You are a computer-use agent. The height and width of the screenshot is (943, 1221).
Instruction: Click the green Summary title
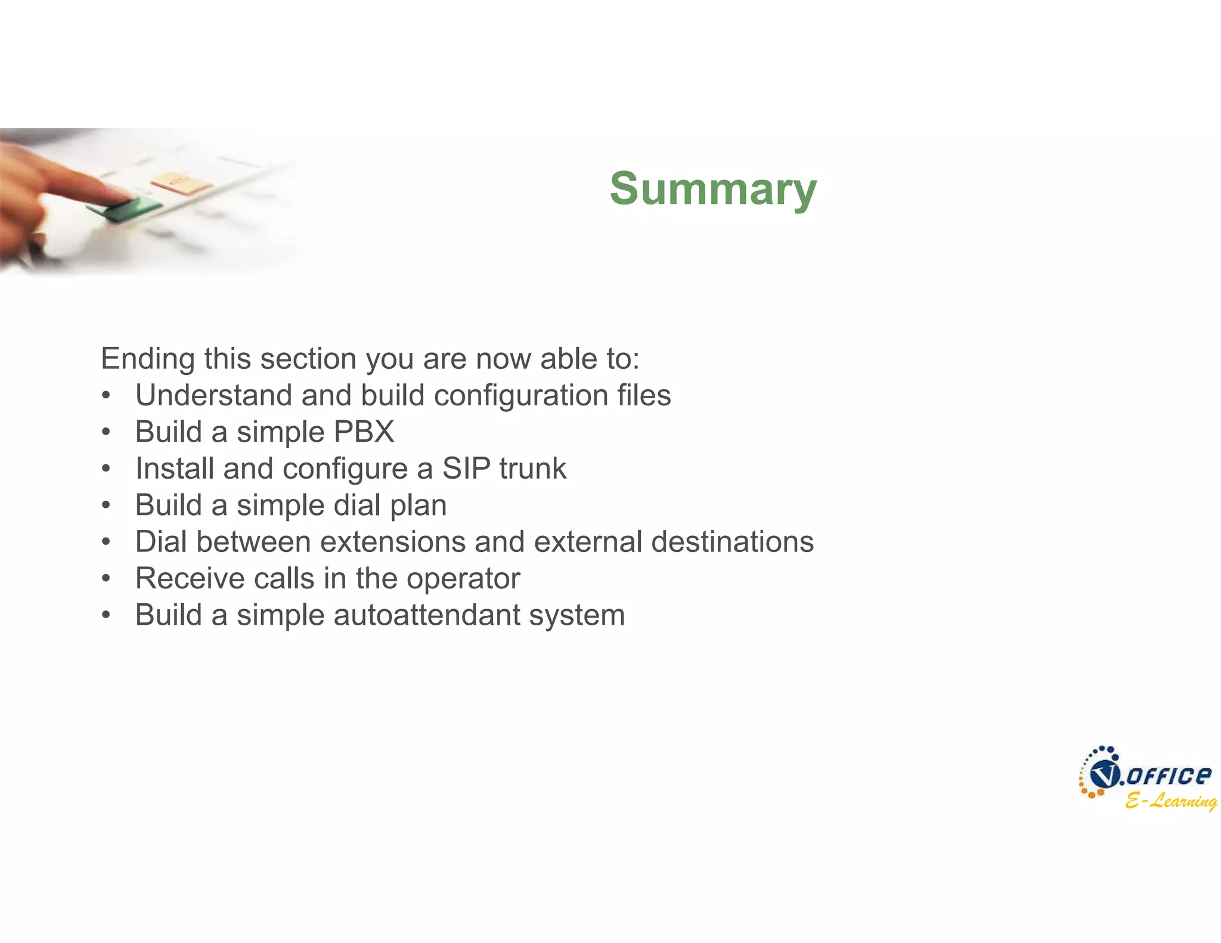(713, 189)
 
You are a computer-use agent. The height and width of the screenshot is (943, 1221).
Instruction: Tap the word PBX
(364, 432)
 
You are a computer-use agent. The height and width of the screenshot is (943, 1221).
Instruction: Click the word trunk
(533, 469)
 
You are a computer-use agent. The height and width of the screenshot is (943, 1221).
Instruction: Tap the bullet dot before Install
(106, 469)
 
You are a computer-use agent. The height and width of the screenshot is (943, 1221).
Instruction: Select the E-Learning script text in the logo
(1170, 801)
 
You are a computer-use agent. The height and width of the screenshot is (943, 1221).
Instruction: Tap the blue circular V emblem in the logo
(1104, 776)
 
